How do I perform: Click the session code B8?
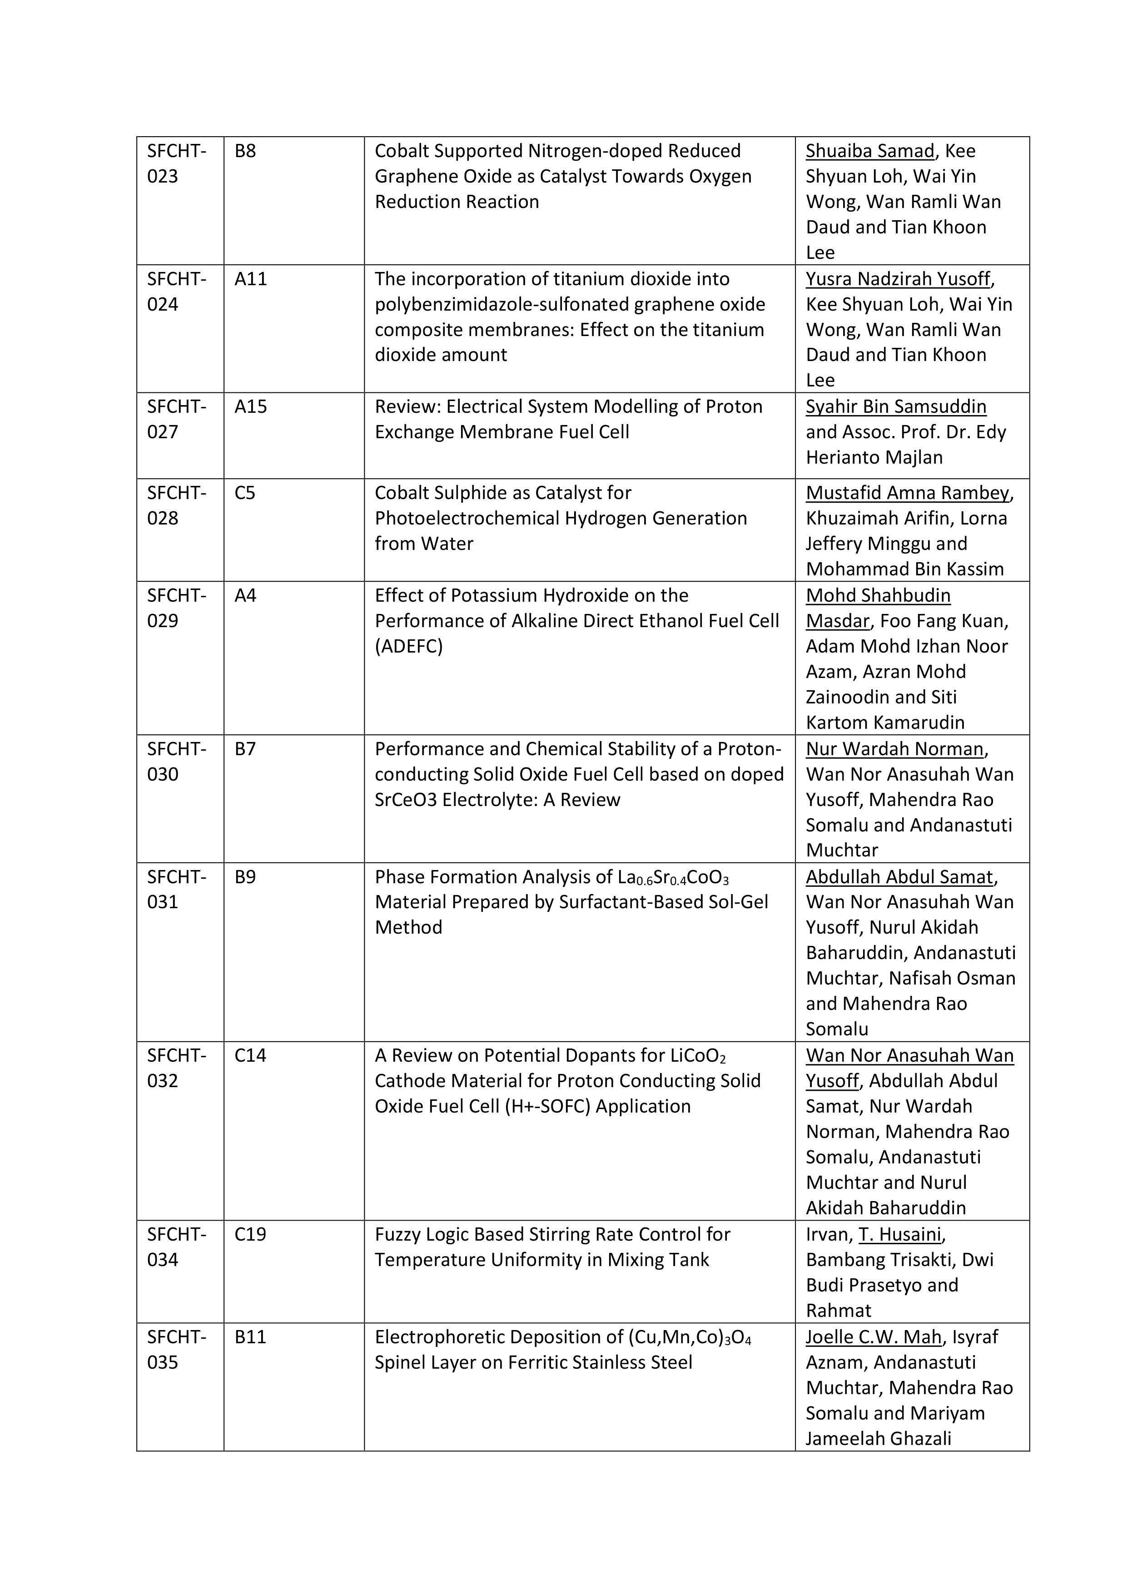tap(245, 151)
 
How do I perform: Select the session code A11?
tap(251, 279)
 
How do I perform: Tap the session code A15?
tap(251, 406)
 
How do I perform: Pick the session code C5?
tap(245, 493)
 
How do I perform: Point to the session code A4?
tap(245, 595)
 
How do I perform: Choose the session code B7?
tap(245, 749)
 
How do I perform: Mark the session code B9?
tap(245, 876)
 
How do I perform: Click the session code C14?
tap(251, 1055)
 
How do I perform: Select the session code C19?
tap(251, 1234)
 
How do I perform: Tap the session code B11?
tap(251, 1337)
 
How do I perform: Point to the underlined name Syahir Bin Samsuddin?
tap(896, 406)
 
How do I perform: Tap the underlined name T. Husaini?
tap(900, 1234)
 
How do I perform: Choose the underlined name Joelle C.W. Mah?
tap(874, 1337)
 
